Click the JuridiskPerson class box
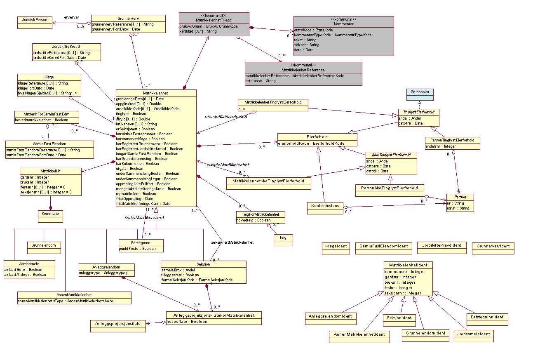click(x=35, y=20)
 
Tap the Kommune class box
click(x=50, y=214)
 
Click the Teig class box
click(x=283, y=238)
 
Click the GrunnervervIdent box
click(x=493, y=246)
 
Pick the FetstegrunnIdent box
click(x=487, y=317)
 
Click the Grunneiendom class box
click(x=44, y=245)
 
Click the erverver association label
click(x=72, y=17)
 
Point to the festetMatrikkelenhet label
click(x=144, y=217)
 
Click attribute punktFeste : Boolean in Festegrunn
click(x=137, y=248)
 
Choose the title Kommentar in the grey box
click(x=343, y=24)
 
